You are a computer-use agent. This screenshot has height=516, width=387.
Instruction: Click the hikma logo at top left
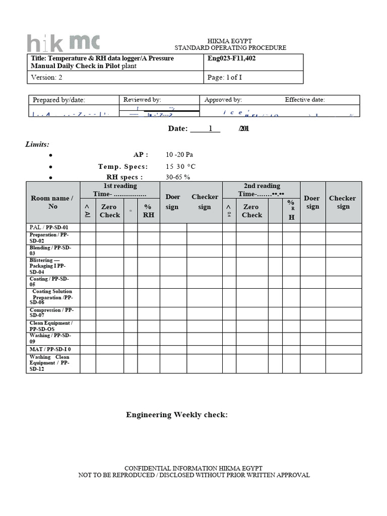pyautogui.click(x=63, y=43)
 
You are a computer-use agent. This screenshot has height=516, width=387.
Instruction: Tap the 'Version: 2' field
pyautogui.click(x=47, y=78)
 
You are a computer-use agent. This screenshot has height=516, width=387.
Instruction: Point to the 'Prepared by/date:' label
pyautogui.click(x=59, y=100)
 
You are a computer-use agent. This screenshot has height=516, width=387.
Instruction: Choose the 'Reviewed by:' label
pyautogui.click(x=142, y=100)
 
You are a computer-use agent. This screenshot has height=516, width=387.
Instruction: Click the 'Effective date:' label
pyautogui.click(x=305, y=100)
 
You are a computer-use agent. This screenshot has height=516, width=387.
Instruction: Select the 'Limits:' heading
pyautogui.click(x=37, y=145)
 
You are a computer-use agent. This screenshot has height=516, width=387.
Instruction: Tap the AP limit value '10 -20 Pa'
pyautogui.click(x=179, y=155)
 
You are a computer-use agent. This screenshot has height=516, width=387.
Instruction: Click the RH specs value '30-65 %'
pyautogui.click(x=178, y=177)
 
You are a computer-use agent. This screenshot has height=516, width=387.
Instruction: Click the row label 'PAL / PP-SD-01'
pyautogui.click(x=49, y=227)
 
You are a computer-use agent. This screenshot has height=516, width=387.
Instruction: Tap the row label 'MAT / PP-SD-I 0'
pyautogui.click(x=50, y=349)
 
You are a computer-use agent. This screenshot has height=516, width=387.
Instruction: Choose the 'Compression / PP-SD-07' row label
pyautogui.click(x=51, y=313)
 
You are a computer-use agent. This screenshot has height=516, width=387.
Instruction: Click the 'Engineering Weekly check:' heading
pyautogui.click(x=177, y=415)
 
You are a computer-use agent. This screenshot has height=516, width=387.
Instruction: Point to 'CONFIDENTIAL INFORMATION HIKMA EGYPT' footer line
pyautogui.click(x=193, y=468)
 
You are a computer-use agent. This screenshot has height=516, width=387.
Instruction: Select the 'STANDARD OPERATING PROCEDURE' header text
pyautogui.click(x=230, y=48)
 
